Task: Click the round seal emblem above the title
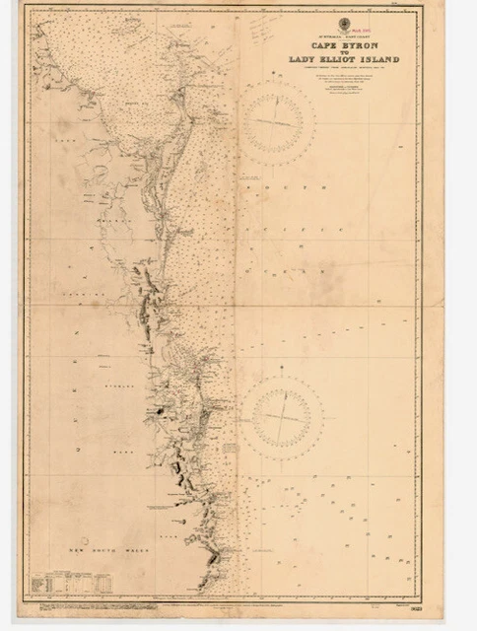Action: tap(344, 24)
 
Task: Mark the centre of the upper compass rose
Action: tap(280, 121)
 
